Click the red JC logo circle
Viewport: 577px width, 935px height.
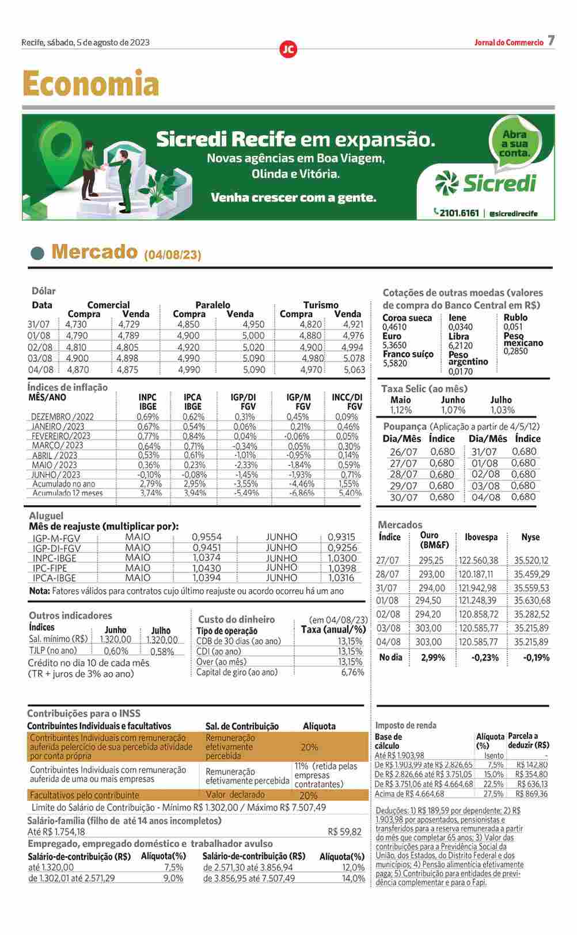(x=288, y=49)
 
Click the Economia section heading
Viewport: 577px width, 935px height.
(x=90, y=83)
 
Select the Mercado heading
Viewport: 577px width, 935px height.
(x=94, y=252)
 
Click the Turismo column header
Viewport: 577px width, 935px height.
(x=321, y=305)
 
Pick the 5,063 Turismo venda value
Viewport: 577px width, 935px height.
(x=354, y=370)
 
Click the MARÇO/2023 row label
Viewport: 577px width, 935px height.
(x=58, y=445)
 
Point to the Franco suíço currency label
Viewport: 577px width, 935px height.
(x=408, y=354)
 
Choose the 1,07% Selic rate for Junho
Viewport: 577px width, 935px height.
(x=453, y=410)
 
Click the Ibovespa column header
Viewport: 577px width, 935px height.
(x=481, y=537)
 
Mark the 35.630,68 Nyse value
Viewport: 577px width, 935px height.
(x=532, y=601)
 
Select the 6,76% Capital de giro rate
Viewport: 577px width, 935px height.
(x=352, y=672)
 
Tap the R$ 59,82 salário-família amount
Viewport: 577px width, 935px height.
(x=344, y=831)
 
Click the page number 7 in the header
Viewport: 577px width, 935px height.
(x=551, y=41)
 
